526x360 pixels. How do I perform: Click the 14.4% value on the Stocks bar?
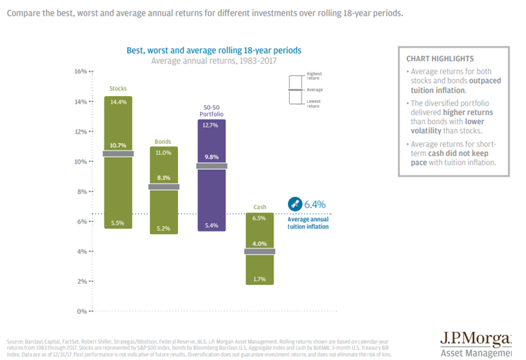118,102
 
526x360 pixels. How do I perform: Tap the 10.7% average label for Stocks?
118,145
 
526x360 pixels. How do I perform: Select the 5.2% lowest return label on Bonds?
163,228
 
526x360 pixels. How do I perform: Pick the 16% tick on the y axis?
81,72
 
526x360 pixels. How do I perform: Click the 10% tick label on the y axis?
81,162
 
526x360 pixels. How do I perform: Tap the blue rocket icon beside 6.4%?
294,204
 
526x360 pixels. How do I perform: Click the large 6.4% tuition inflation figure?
315,204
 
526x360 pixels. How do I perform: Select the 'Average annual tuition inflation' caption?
308,222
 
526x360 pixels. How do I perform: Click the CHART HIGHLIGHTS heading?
439,59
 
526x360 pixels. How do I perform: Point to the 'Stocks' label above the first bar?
118,89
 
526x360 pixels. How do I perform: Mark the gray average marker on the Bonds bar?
163,187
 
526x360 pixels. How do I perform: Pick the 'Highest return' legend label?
314,76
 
